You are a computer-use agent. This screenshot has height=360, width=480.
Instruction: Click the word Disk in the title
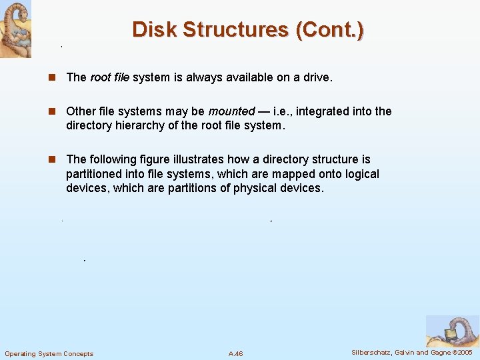coord(154,30)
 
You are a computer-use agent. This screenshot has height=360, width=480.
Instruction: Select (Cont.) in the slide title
coord(331,30)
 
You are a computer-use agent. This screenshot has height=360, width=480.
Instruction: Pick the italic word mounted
coord(231,111)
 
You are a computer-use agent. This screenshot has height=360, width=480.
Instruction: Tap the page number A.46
coord(235,353)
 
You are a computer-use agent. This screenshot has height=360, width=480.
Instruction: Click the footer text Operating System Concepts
coord(49,353)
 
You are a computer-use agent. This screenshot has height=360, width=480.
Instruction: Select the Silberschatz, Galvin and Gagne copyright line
coord(411,352)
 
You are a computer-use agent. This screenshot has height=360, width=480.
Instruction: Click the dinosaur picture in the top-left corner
coord(15,29)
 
